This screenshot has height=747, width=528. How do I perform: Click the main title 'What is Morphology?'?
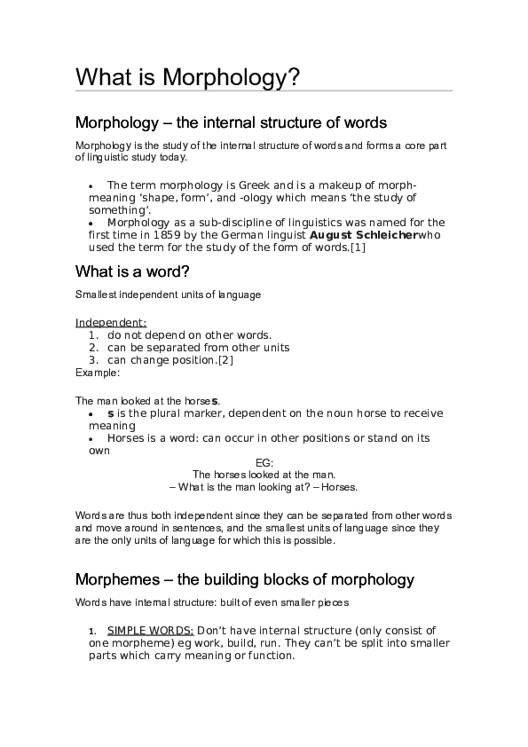[187, 77]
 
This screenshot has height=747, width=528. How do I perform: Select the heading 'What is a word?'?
[133, 271]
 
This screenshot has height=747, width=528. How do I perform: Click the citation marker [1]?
[357, 248]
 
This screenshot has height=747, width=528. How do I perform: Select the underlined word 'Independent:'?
[111, 322]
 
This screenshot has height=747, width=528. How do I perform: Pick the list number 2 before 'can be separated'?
[93, 348]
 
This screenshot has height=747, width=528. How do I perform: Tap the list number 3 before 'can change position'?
[93, 360]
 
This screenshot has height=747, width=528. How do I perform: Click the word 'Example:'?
[97, 373]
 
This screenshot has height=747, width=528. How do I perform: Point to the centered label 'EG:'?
[264, 463]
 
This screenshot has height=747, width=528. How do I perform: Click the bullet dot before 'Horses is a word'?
[91, 439]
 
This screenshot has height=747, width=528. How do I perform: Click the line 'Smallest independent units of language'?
[168, 294]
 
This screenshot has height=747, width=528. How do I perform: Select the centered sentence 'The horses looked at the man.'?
[264, 476]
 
